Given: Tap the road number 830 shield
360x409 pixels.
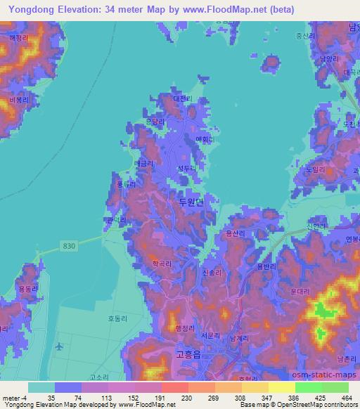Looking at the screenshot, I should click(x=67, y=244).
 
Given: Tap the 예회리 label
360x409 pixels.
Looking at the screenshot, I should click(x=204, y=140).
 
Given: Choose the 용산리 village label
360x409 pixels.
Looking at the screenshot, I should click(x=233, y=233).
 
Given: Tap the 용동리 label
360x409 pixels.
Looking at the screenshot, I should click(x=27, y=289).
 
